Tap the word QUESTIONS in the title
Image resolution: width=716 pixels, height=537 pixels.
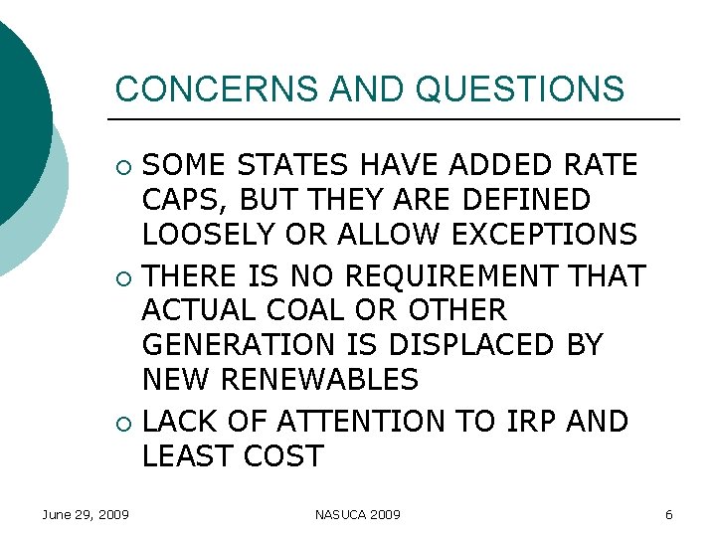pyautogui.click(x=521, y=89)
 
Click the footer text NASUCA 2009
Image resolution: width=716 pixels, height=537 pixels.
pyautogui.click(x=358, y=514)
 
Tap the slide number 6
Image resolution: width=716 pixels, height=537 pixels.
pyautogui.click(x=668, y=514)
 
